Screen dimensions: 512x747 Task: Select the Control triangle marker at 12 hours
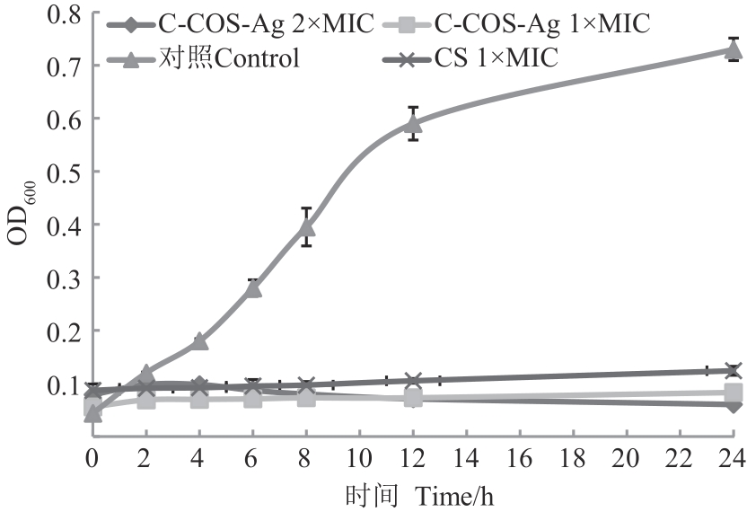(x=414, y=123)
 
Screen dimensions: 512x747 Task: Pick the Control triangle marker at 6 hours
(x=253, y=287)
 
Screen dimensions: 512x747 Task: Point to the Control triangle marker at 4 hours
(x=199, y=340)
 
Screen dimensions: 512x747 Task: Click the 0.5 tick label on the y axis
(x=61, y=172)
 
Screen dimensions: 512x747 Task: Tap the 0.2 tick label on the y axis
(x=61, y=331)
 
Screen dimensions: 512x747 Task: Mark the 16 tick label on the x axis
(x=520, y=458)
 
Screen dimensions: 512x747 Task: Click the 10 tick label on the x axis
(x=360, y=458)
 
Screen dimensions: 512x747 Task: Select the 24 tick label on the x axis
(x=734, y=458)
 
